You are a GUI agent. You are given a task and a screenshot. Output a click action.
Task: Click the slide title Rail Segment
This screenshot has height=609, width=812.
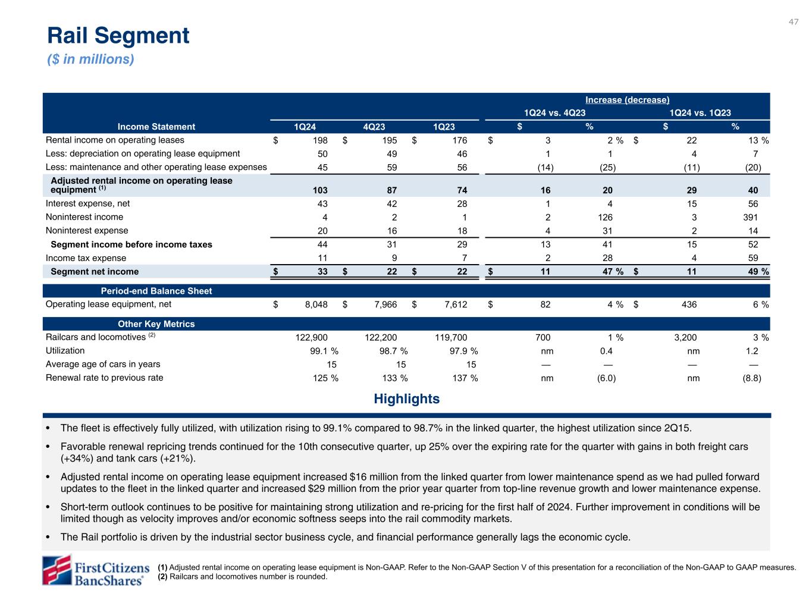[118, 36]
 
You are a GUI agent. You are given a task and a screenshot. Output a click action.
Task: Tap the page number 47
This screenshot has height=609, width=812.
[794, 22]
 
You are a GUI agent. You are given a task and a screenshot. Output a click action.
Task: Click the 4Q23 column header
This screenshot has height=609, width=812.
[374, 127]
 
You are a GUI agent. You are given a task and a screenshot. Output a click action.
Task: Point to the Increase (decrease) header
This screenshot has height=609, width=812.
[628, 100]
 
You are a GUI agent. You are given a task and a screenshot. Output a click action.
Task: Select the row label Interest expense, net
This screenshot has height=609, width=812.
[87, 203]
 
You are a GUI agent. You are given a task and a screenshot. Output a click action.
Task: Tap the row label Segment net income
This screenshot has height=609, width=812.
[95, 272]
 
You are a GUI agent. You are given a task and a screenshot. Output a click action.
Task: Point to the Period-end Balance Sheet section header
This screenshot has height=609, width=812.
[156, 291]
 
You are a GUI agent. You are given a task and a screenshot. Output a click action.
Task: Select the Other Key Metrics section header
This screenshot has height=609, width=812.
[156, 324]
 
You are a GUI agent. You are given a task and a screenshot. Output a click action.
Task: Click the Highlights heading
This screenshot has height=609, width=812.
[406, 399]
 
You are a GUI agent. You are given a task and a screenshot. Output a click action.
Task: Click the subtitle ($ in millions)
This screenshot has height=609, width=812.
[90, 59]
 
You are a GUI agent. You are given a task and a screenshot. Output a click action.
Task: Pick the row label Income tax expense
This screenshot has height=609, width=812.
[86, 258]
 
